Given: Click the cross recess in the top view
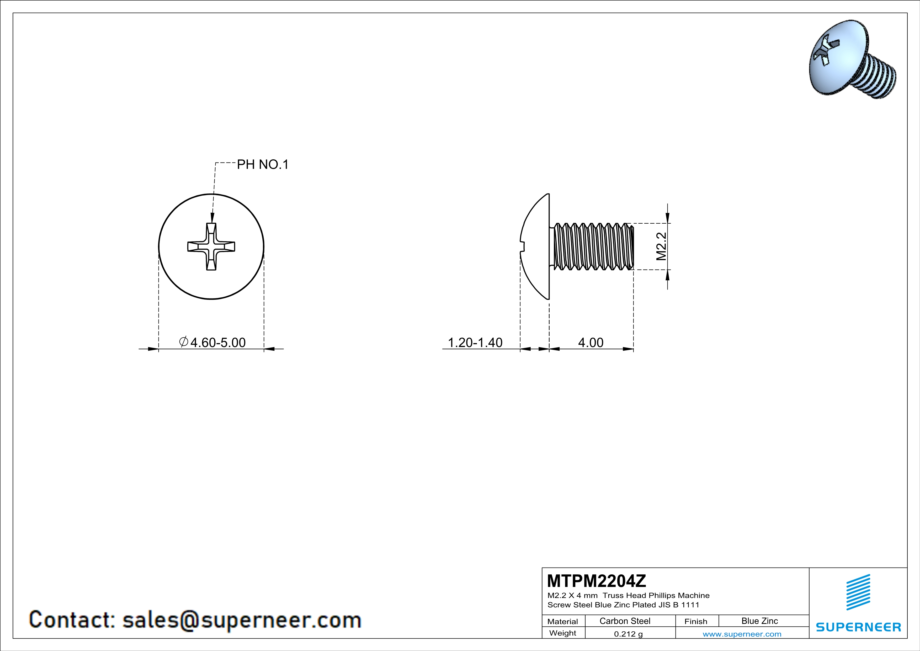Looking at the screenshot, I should click(x=211, y=246).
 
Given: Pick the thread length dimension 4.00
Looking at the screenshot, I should click(x=591, y=342).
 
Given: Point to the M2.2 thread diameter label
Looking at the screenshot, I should click(x=662, y=246).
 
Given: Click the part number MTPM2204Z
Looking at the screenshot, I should click(x=596, y=581).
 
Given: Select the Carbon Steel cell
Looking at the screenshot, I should click(x=625, y=621).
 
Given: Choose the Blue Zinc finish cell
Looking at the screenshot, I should click(x=759, y=621).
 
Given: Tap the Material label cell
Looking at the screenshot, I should click(x=563, y=621).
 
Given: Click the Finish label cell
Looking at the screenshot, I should click(x=696, y=621).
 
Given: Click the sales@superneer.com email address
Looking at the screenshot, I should click(x=242, y=620).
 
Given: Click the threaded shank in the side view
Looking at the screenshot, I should click(x=593, y=246).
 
